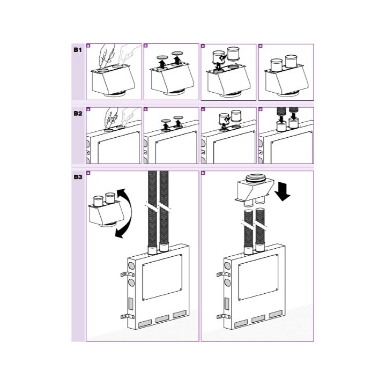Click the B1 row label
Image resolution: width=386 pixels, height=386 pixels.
tap(77, 49)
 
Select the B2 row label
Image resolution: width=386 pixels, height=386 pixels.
tap(77, 113)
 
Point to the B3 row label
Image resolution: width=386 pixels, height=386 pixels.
tap(77, 177)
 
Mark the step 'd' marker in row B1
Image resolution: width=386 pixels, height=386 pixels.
tap(261, 47)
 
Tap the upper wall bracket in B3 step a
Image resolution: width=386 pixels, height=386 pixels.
tap(122, 276)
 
